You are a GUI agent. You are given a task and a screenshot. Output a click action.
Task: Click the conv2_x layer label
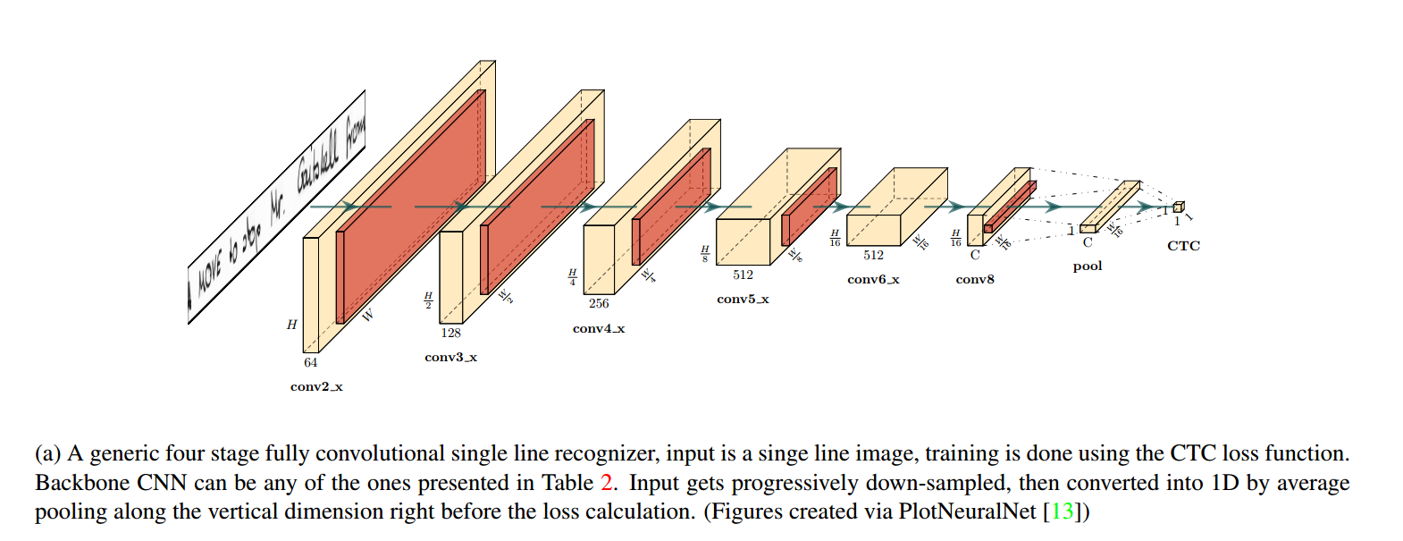pyautogui.click(x=316, y=387)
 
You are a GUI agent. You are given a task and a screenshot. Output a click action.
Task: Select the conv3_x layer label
pyautogui.click(x=450, y=358)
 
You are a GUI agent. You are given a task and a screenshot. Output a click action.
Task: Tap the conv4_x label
pyautogui.click(x=599, y=329)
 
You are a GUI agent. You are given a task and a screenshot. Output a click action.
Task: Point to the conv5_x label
pyautogui.click(x=743, y=300)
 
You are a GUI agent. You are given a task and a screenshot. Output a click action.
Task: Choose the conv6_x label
pyautogui.click(x=873, y=280)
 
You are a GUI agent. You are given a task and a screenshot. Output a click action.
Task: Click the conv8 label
pyautogui.click(x=974, y=280)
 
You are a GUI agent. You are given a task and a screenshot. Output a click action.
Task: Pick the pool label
pyautogui.click(x=1087, y=266)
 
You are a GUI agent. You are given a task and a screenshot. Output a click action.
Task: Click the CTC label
pyautogui.click(x=1183, y=246)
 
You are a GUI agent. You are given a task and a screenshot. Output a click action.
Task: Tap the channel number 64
pyautogui.click(x=310, y=363)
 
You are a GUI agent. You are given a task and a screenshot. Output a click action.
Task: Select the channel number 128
pyautogui.click(x=450, y=334)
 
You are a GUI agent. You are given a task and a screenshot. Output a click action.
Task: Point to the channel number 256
pyautogui.click(x=599, y=304)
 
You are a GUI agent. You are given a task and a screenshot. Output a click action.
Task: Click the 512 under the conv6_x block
pyautogui.click(x=873, y=256)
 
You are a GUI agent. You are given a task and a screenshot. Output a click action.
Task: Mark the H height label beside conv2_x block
pyautogui.click(x=291, y=325)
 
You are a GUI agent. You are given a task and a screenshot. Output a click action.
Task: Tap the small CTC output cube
pyautogui.click(x=1178, y=207)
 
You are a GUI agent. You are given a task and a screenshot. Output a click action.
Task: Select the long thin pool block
pyautogui.click(x=1110, y=207)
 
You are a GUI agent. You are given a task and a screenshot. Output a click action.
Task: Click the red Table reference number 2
pyautogui.click(x=607, y=483)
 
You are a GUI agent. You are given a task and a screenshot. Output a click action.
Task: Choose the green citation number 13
pyautogui.click(x=1062, y=511)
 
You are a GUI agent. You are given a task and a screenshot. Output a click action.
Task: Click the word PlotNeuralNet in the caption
pyautogui.click(x=966, y=511)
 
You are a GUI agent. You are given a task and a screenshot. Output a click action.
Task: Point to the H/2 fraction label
pyautogui.click(x=428, y=300)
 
